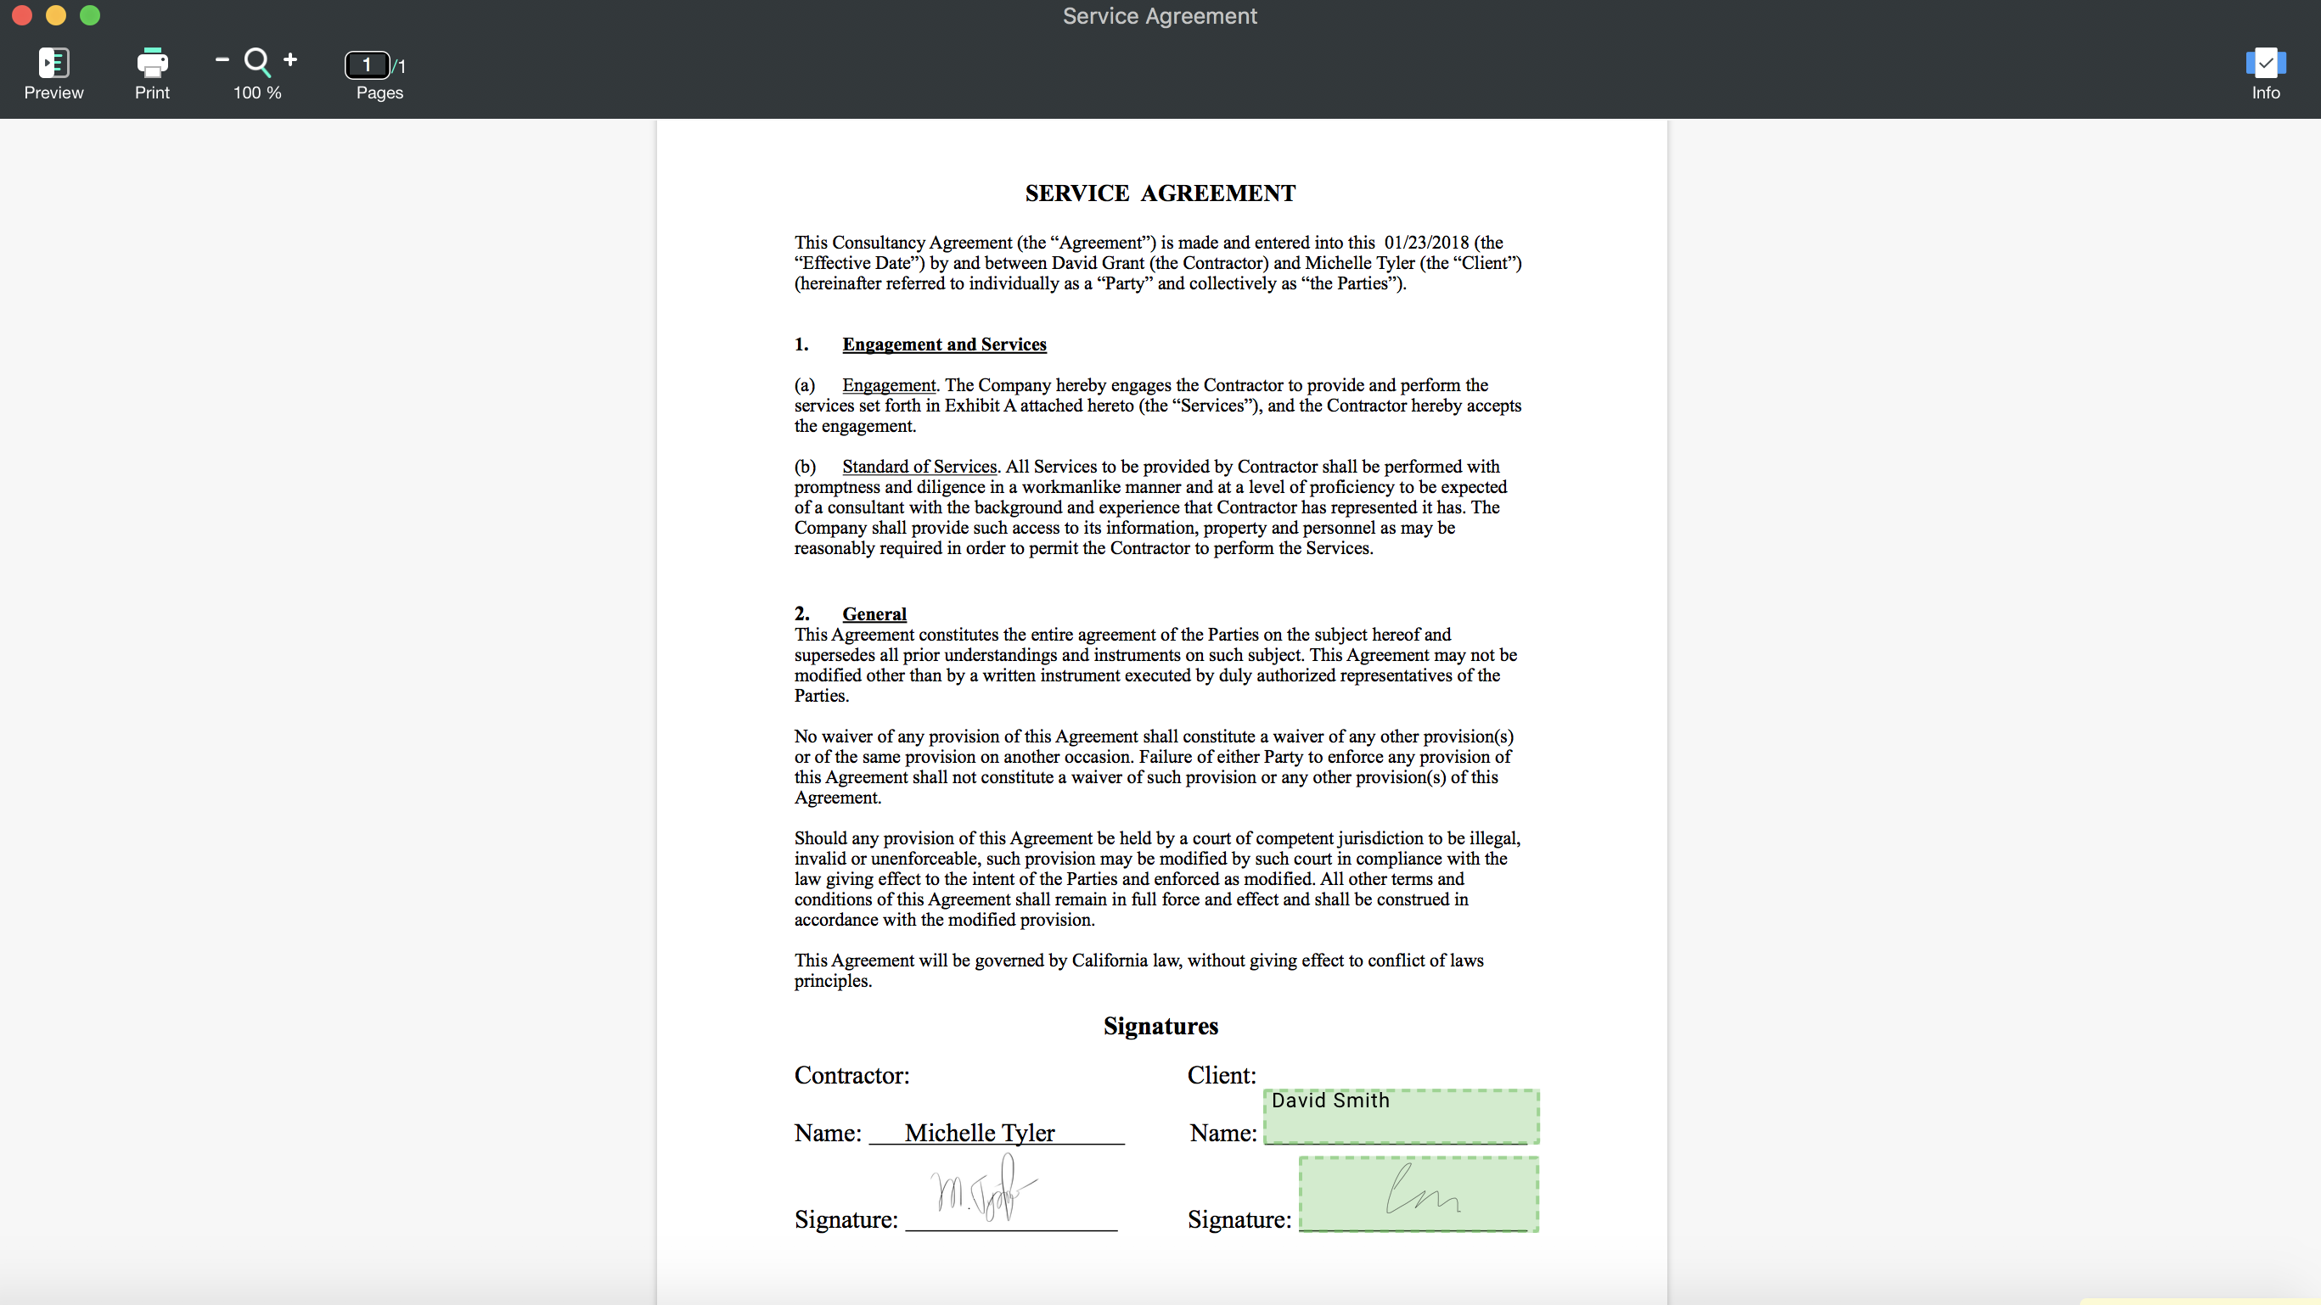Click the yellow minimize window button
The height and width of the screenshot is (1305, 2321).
coord(56,15)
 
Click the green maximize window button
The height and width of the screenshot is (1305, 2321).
coord(90,15)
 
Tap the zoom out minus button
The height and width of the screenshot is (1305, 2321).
coord(222,60)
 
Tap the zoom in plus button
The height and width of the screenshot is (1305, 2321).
coord(290,60)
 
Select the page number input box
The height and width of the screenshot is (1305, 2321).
coord(367,64)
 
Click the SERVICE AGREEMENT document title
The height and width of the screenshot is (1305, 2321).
coord(1160,193)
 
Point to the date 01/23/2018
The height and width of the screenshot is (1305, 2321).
coord(1426,243)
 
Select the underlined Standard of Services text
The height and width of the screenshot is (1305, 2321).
coord(919,467)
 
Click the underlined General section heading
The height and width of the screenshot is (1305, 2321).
coord(874,614)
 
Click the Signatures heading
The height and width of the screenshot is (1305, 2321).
coord(1160,1027)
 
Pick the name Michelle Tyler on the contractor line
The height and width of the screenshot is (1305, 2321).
coord(980,1133)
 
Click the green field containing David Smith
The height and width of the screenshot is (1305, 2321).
coord(1401,1117)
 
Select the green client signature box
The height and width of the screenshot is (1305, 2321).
coord(1419,1194)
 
